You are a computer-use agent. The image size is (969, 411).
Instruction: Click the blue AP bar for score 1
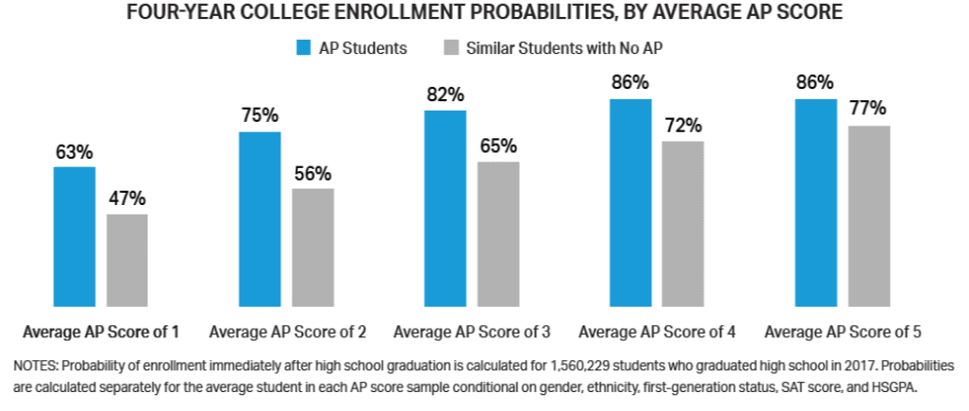click(x=74, y=236)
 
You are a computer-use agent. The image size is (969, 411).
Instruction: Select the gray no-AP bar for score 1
click(x=126, y=260)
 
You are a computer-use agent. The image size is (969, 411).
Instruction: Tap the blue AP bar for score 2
click(x=259, y=218)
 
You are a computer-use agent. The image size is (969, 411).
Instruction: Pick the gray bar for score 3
click(x=498, y=233)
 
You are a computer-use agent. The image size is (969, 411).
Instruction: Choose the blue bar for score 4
click(x=630, y=202)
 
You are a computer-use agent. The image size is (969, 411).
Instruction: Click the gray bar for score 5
click(x=869, y=215)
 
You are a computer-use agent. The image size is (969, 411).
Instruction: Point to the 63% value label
click(x=74, y=151)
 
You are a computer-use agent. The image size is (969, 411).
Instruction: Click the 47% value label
click(x=126, y=198)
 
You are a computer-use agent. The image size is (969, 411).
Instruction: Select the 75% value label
click(x=259, y=116)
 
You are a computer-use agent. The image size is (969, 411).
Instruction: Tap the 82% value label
click(x=445, y=94)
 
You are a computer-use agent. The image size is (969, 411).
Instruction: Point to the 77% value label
click(x=869, y=110)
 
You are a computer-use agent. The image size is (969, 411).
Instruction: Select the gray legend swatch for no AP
click(x=450, y=48)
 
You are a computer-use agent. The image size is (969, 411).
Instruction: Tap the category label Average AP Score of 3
click(x=472, y=332)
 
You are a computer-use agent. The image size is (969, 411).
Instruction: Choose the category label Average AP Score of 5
click(x=843, y=332)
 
